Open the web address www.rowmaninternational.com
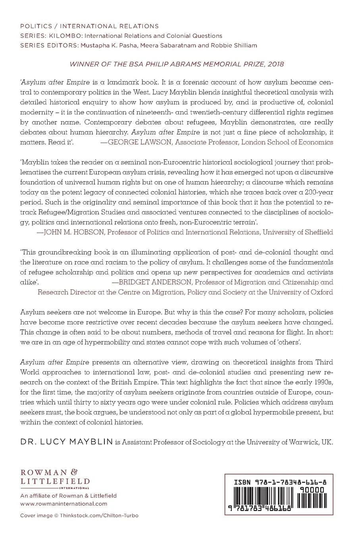click(64, 503)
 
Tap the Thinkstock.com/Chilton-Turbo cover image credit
click(99, 516)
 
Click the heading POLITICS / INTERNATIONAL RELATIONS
click(89, 27)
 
